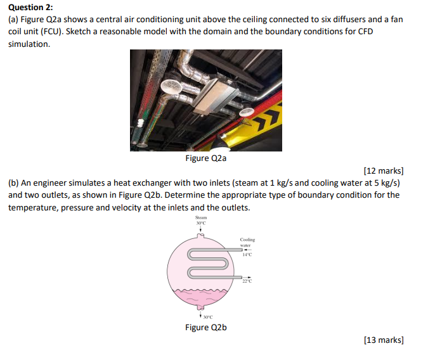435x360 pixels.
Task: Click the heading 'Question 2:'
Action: pyautogui.click(x=30, y=7)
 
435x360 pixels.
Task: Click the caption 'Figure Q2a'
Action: pyautogui.click(x=205, y=158)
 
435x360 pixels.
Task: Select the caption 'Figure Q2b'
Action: pyautogui.click(x=205, y=327)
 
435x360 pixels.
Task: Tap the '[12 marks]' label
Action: pyautogui.click(x=384, y=171)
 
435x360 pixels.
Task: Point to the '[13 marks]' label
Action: pyautogui.click(x=384, y=340)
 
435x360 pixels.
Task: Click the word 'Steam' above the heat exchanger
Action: pyautogui.click(x=201, y=217)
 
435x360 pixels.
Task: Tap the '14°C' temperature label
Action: pyautogui.click(x=247, y=255)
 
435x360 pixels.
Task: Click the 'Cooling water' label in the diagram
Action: pyautogui.click(x=247, y=242)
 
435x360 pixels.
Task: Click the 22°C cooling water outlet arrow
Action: pyautogui.click(x=243, y=277)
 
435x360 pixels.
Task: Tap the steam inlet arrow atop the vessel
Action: pyautogui.click(x=201, y=229)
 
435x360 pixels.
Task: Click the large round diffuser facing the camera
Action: pyautogui.click(x=171, y=90)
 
